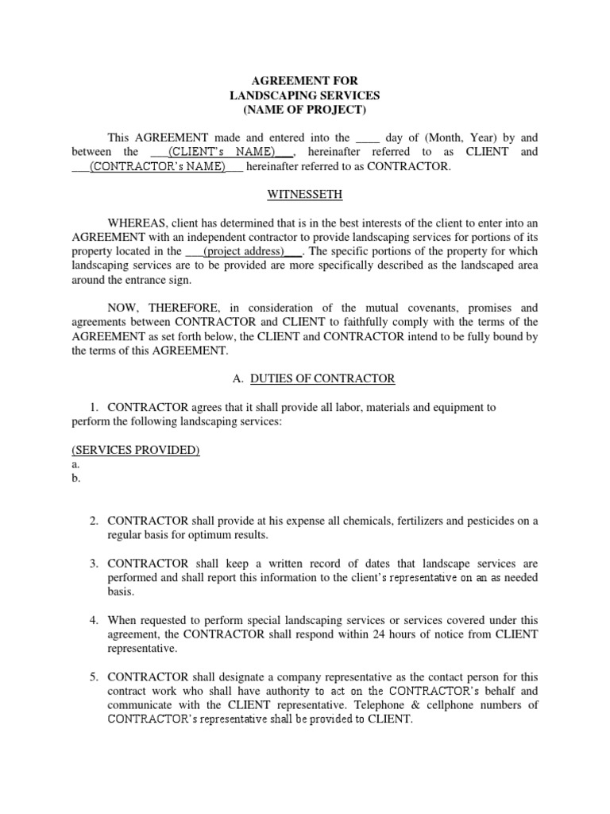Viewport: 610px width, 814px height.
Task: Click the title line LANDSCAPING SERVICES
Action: [304, 95]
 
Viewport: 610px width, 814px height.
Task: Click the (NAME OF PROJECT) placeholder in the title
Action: [304, 110]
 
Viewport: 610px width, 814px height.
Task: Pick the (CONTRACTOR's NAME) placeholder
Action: [157, 167]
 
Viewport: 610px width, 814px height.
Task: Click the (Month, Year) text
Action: [449, 137]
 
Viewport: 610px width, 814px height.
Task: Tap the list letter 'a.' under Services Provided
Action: [75, 464]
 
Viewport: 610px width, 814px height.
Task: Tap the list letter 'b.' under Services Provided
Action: [75, 479]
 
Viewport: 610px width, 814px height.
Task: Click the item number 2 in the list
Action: [94, 521]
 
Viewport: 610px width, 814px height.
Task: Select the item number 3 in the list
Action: [94, 564]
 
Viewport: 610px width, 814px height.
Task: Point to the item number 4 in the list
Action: [94, 620]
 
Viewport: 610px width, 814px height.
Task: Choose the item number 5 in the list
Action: [94, 676]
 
